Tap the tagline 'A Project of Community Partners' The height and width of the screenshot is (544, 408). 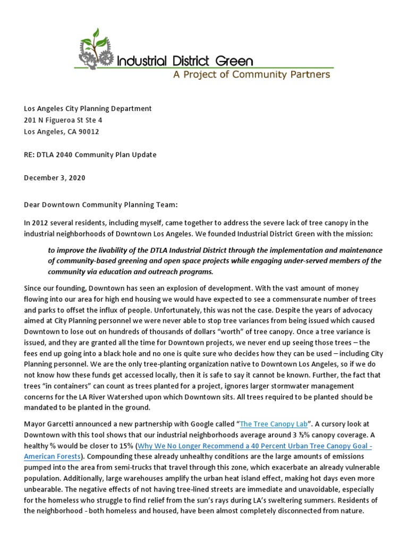point(252,75)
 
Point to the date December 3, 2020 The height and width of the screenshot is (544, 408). point(55,178)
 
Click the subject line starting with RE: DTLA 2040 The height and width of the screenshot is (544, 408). point(90,155)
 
